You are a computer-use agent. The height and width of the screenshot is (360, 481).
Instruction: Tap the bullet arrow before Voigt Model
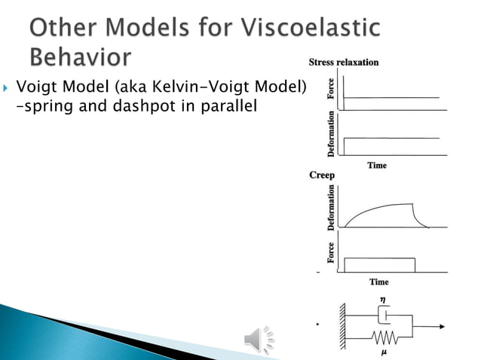click(x=8, y=90)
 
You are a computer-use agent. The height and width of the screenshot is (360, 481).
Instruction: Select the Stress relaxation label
click(x=344, y=62)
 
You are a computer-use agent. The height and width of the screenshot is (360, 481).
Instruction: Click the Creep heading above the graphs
click(x=322, y=175)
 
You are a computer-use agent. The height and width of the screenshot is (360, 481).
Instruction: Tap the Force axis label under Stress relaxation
click(x=330, y=90)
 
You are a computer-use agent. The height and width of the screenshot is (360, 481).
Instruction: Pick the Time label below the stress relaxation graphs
click(x=377, y=165)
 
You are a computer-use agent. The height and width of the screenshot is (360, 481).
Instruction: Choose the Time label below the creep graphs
click(x=378, y=282)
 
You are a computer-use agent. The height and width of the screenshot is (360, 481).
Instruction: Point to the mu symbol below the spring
click(x=385, y=352)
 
